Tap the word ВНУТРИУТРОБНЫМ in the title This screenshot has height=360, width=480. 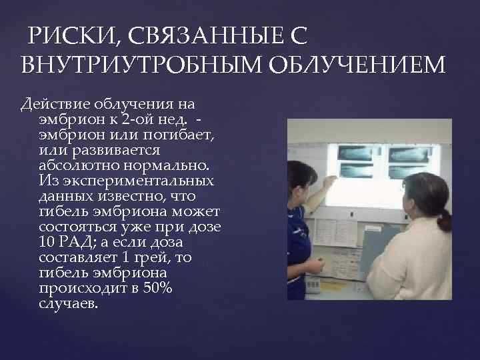(x=135, y=67)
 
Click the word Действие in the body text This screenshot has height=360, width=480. (x=57, y=105)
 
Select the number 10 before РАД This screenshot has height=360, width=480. (x=48, y=242)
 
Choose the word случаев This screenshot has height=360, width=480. (x=69, y=303)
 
